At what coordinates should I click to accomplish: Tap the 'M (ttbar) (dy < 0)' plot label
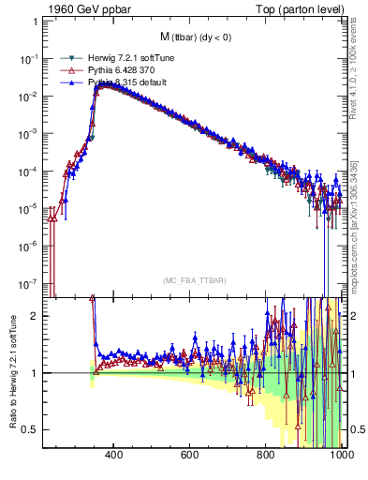[196, 37]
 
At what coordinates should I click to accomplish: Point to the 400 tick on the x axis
[114, 456]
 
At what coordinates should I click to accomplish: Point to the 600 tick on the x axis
[190, 456]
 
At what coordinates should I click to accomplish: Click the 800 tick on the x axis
[266, 456]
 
